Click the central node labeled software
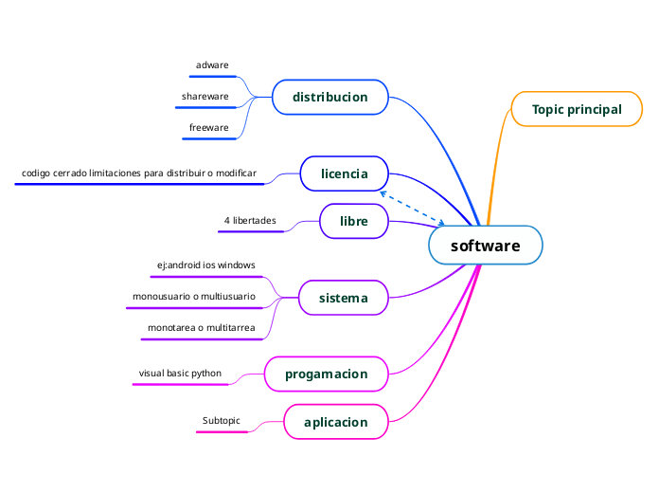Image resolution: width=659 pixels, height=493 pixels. click(x=485, y=246)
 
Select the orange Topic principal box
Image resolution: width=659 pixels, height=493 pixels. click(x=576, y=109)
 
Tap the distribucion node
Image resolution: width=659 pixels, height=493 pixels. click(x=329, y=97)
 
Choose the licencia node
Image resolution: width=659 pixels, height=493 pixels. click(x=344, y=173)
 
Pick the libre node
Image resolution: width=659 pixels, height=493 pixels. click(x=354, y=221)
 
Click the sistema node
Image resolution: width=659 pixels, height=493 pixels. click(x=343, y=298)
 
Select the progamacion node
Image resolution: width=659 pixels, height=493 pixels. click(x=326, y=374)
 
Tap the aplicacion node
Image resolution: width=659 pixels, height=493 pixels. click(x=335, y=421)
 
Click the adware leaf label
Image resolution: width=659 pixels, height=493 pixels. click(x=212, y=65)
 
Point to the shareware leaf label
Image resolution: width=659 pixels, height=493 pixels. click(x=205, y=97)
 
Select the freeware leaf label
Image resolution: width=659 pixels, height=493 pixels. click(x=208, y=127)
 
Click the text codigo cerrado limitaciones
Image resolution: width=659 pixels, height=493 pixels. click(x=139, y=173)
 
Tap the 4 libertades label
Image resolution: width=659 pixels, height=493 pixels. click(x=250, y=221)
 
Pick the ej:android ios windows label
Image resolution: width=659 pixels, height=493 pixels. click(x=205, y=265)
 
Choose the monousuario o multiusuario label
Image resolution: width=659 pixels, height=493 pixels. click(x=193, y=297)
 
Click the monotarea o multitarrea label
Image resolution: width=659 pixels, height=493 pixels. click(x=201, y=328)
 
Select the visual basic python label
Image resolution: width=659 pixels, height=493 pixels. click(x=180, y=374)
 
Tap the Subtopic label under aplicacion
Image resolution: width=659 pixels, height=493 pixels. click(x=222, y=420)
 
